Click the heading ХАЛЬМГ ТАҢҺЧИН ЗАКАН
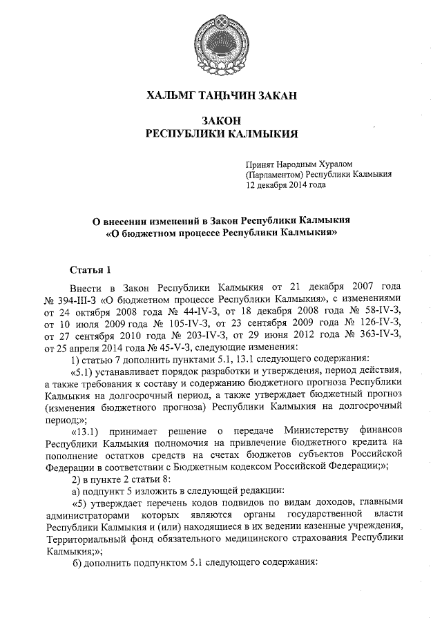click(x=221, y=96)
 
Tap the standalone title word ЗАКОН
click(x=222, y=121)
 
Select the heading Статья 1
click(x=90, y=268)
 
